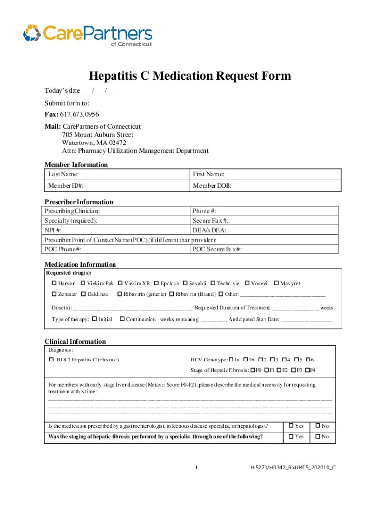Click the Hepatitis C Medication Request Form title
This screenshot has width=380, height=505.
(190, 76)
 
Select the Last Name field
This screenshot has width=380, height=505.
(117, 174)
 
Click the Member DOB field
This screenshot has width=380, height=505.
(266, 186)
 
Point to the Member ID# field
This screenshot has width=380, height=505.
(117, 186)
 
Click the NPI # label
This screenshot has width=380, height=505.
(53, 230)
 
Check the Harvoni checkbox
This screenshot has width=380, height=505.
(54, 283)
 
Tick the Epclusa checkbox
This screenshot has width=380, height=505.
(156, 283)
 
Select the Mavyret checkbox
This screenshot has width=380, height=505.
(276, 283)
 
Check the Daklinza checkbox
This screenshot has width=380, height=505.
(83, 294)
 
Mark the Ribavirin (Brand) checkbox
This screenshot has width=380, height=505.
(171, 294)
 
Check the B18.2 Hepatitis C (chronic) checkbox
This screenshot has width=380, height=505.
(51, 360)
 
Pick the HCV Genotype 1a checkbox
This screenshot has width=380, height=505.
(231, 360)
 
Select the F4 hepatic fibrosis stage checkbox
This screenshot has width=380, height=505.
(308, 370)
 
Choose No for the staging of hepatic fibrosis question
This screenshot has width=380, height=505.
(318, 437)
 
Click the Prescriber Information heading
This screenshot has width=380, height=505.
(79, 202)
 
